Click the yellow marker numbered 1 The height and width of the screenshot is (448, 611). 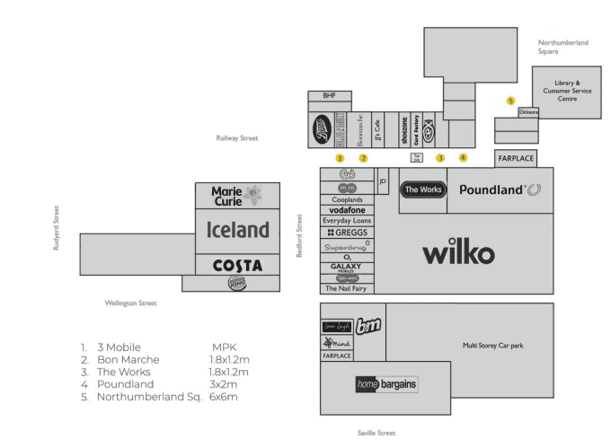point(340,158)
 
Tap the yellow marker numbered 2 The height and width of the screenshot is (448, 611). point(364,158)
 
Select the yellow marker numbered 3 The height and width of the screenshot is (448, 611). point(440,158)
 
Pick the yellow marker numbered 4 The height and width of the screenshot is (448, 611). point(464,157)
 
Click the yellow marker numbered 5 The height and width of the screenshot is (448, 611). point(510,101)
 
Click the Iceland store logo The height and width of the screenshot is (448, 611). point(238,230)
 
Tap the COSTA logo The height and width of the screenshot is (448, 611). point(237,266)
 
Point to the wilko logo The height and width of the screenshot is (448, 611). point(458,254)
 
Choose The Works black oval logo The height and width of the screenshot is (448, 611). point(423,189)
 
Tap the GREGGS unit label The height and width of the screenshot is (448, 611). point(347,232)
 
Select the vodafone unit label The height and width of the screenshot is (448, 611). point(347,210)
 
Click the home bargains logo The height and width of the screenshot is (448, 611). point(385,385)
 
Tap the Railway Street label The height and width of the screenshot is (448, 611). point(237,138)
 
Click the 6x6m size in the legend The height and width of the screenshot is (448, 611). point(225,396)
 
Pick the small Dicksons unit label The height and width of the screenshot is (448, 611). point(527,112)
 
